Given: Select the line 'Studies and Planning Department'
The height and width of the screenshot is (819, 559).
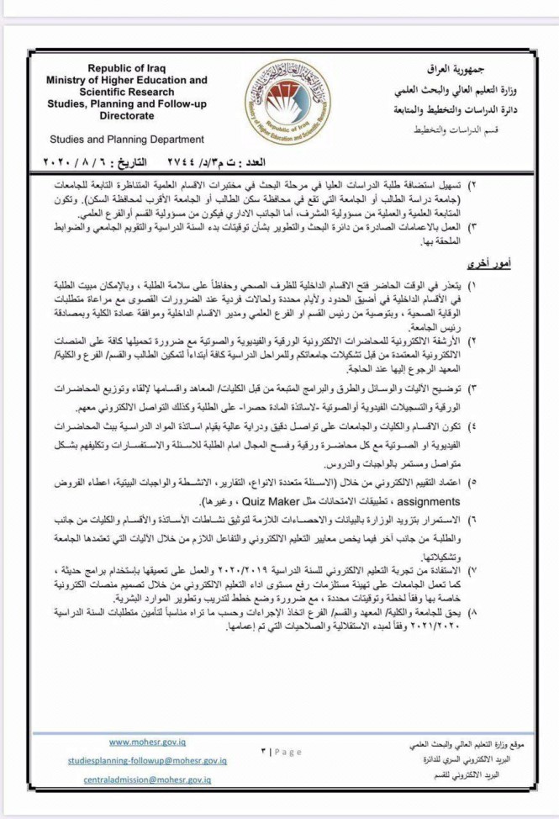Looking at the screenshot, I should pyautogui.click(x=126, y=139).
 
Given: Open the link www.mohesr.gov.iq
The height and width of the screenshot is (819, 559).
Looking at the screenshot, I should pyautogui.click(x=148, y=742).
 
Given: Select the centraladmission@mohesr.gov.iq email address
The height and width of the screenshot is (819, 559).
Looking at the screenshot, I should pyautogui.click(x=148, y=780).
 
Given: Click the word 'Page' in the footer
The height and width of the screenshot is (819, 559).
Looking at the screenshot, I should pyautogui.click(x=286, y=753).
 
